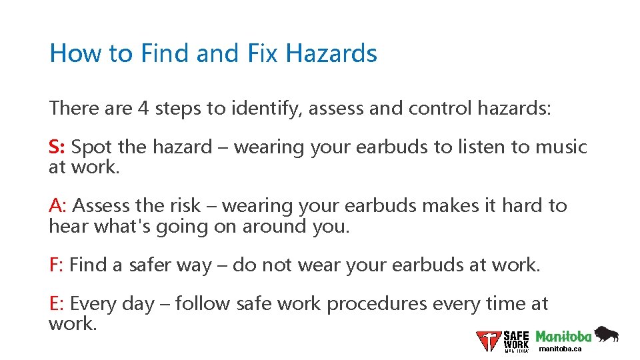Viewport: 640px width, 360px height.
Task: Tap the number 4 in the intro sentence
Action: (x=143, y=108)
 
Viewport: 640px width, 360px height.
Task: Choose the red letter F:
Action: (x=57, y=265)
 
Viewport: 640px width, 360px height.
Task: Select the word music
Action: (x=559, y=147)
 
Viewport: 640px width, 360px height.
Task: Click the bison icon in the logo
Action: (x=606, y=334)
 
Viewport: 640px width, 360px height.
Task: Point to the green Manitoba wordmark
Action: (x=563, y=336)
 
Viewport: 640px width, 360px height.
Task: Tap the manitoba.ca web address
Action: (x=561, y=349)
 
